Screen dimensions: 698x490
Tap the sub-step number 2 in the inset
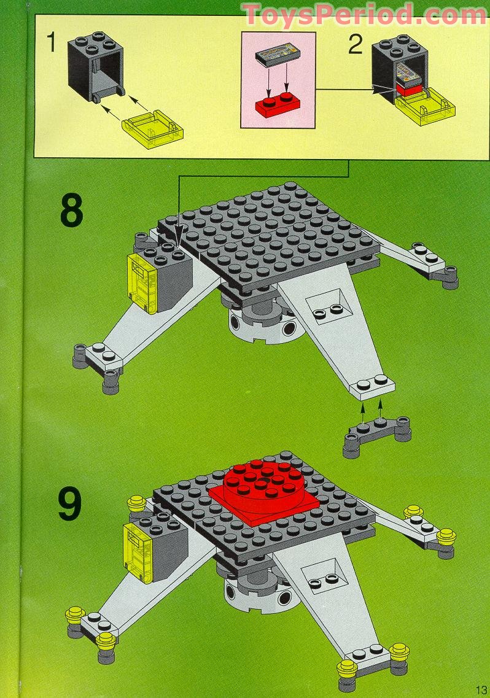[x=355, y=45]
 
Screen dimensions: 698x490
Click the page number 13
[x=480, y=688]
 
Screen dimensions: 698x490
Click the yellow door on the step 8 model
[x=142, y=282]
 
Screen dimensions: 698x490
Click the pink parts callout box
[x=278, y=80]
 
